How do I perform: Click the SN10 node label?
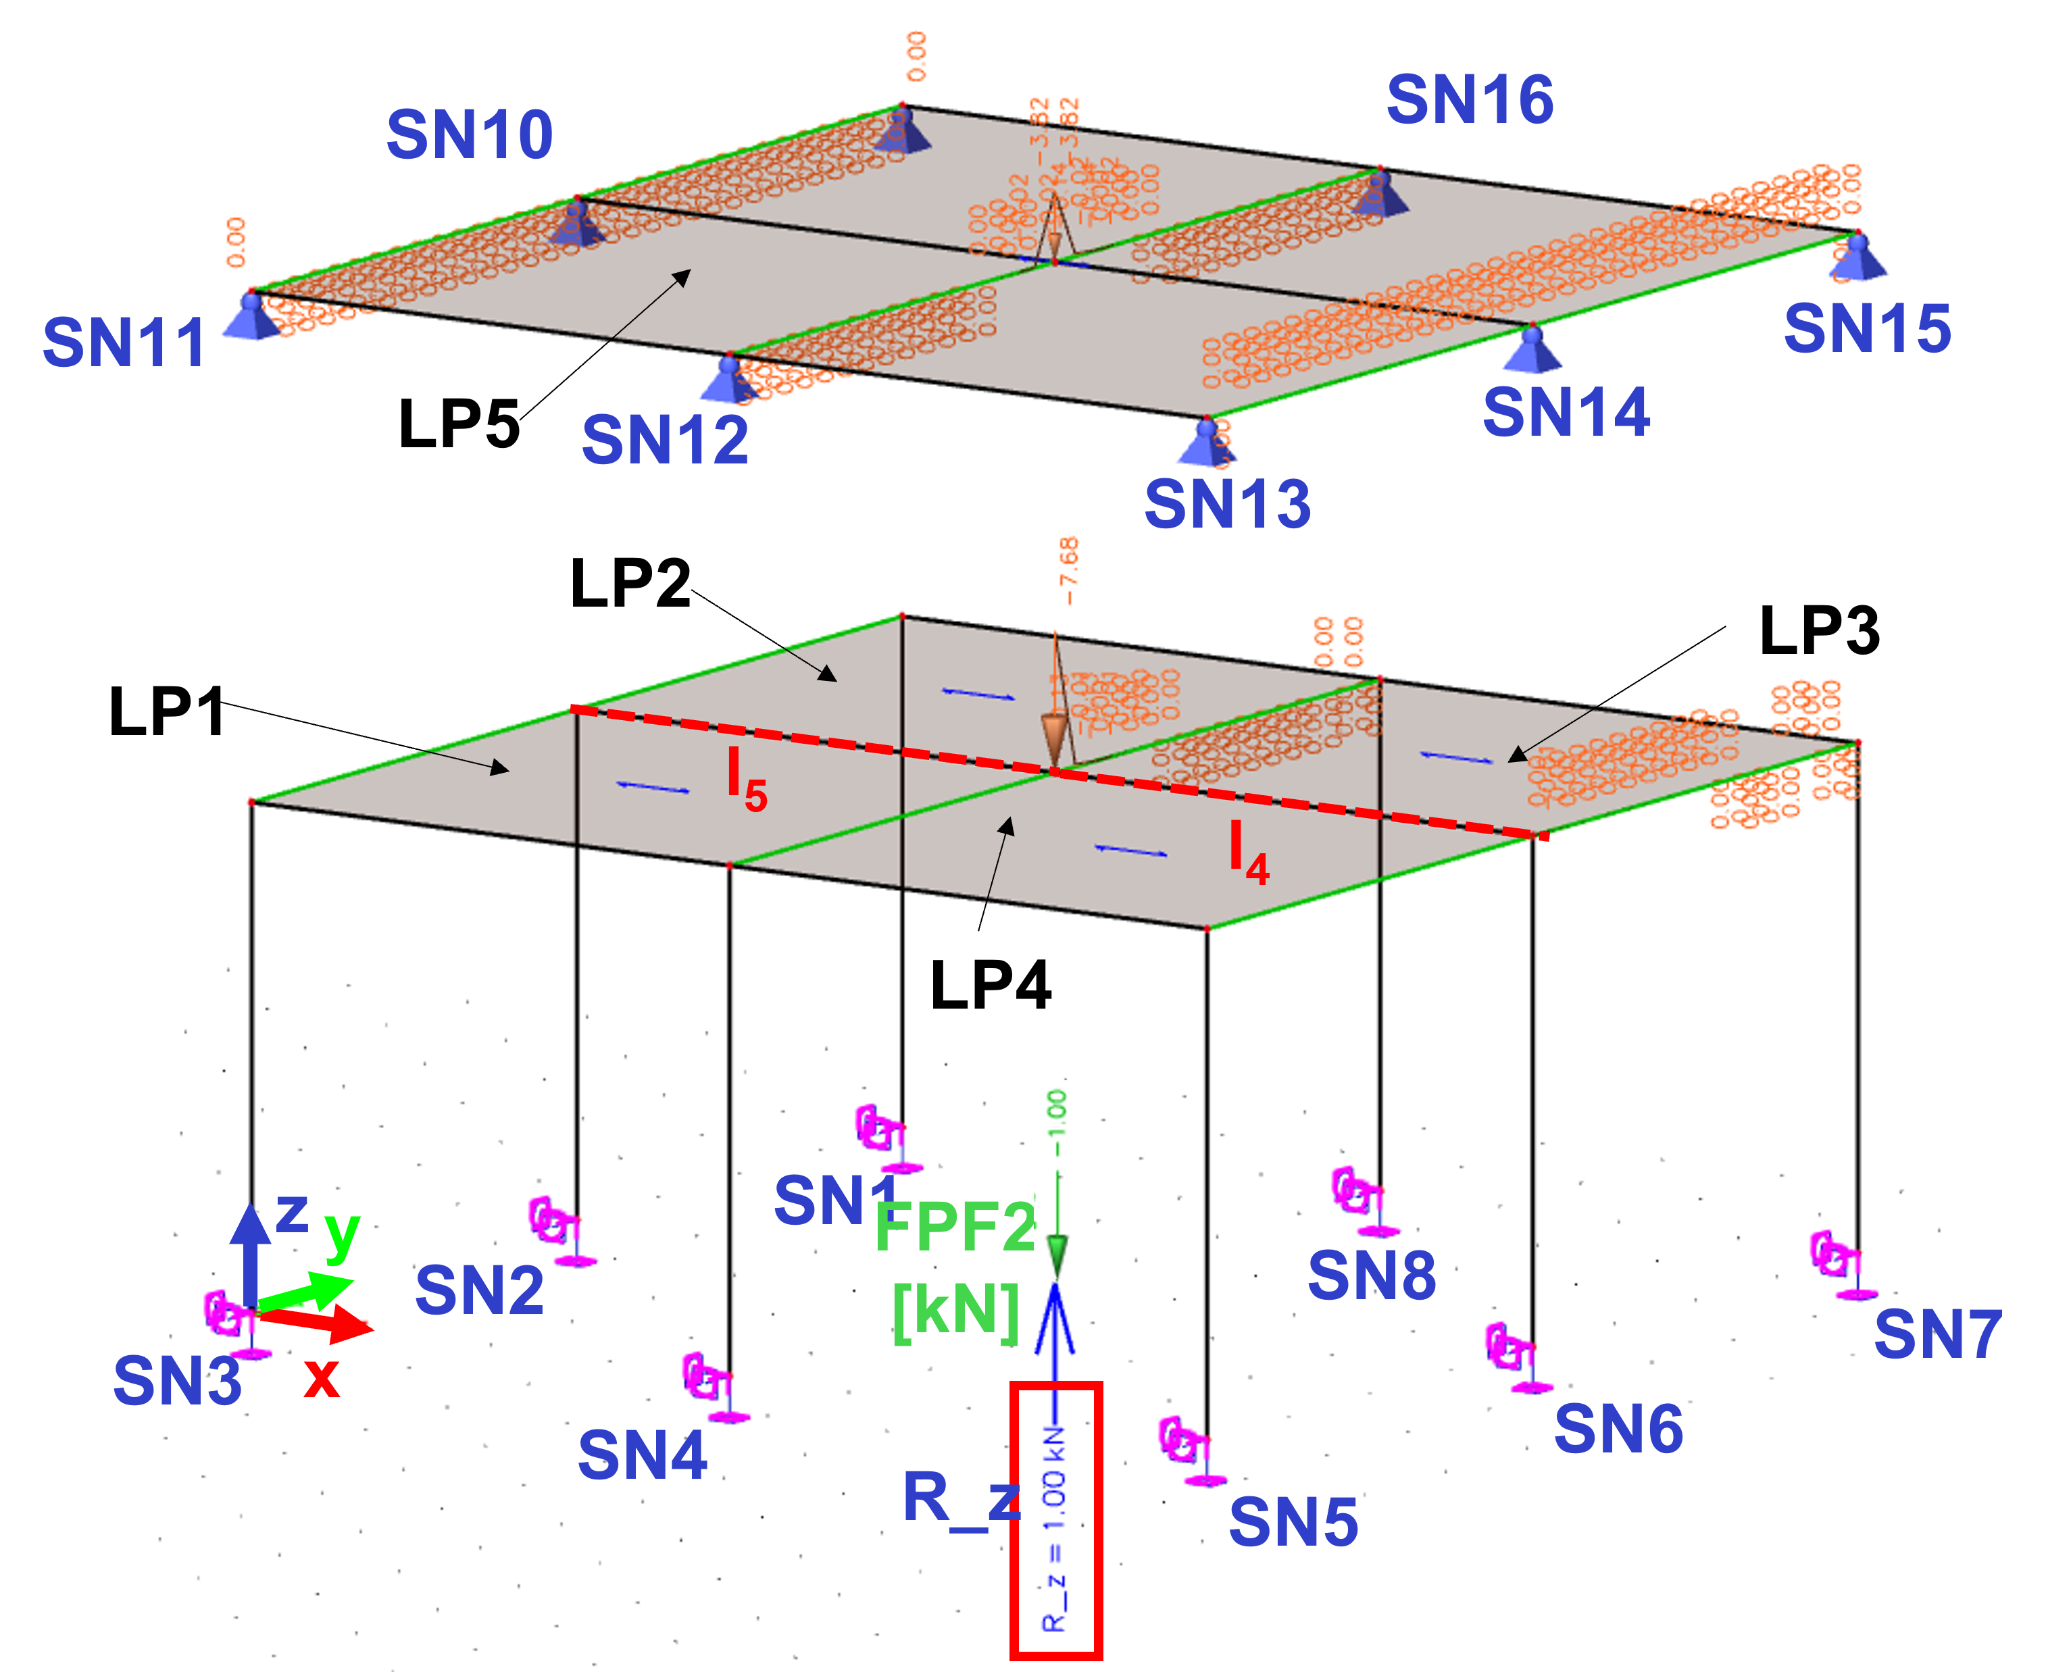pyautogui.click(x=470, y=135)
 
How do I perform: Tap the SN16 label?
pyautogui.click(x=1470, y=100)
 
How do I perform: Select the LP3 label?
pyautogui.click(x=1819, y=632)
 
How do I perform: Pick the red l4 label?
pyautogui.click(x=1249, y=853)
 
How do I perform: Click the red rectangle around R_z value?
pyautogui.click(x=1055, y=1522)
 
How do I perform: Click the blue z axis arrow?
pyautogui.click(x=251, y=1252)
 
